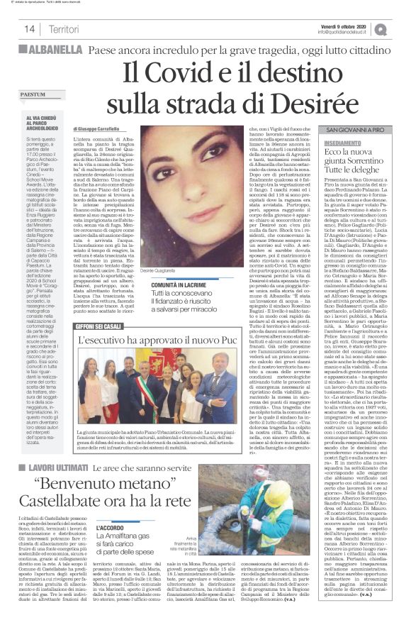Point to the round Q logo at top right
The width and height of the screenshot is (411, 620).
401,28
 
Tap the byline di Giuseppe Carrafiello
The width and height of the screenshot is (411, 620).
102,128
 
